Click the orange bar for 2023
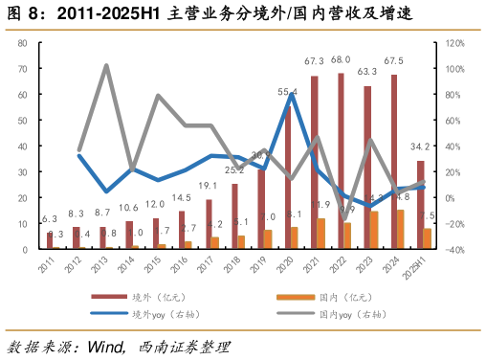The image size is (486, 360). tap(374, 230)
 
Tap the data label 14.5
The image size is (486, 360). tap(182, 198)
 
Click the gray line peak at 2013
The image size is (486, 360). tap(104, 66)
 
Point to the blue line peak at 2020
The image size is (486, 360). tap(289, 94)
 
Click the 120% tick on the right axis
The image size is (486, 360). tap(453, 43)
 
